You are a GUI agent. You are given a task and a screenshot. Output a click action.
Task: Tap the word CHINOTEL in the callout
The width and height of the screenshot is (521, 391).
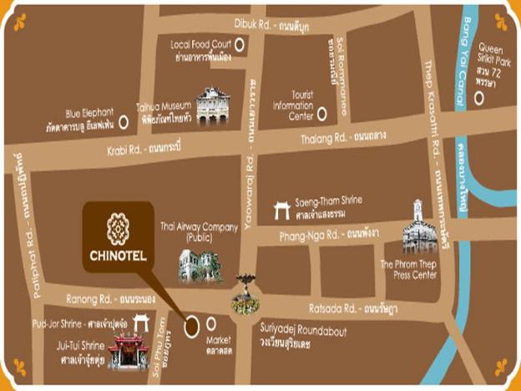(118, 255)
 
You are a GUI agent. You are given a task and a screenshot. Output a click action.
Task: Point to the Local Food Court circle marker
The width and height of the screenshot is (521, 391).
(240, 44)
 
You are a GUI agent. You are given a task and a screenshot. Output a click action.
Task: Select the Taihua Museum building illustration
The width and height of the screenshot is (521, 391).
(212, 106)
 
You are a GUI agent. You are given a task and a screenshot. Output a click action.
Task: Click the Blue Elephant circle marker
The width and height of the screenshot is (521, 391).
(124, 121)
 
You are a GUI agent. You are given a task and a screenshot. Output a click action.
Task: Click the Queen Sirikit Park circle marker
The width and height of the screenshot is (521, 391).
(479, 98)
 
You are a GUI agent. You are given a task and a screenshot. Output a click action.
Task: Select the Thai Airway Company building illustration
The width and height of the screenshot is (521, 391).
(200, 265)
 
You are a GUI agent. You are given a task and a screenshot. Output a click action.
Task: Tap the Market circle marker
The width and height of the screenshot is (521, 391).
(211, 322)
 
